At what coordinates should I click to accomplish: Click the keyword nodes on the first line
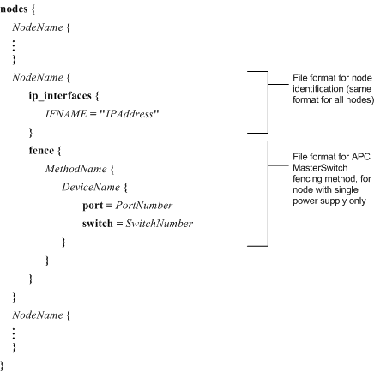[x=14, y=9]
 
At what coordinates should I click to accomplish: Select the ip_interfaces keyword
[x=60, y=95]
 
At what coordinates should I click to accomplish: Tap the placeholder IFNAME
[x=66, y=114]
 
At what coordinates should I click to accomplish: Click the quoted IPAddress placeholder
[x=129, y=114]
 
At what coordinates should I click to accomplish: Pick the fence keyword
[x=41, y=150]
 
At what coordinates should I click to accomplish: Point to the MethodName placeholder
[x=76, y=169]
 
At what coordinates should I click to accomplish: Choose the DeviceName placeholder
[x=91, y=187]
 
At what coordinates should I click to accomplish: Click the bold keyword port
[x=93, y=206]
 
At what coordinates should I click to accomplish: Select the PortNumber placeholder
[x=144, y=206]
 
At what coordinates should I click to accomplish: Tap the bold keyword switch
[x=98, y=224]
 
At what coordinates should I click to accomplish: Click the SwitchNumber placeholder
[x=160, y=224]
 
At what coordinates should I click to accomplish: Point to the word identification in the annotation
[x=317, y=89]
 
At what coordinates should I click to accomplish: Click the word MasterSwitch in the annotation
[x=320, y=168]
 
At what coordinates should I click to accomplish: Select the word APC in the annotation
[x=361, y=157]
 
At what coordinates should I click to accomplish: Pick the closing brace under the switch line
[x=64, y=243]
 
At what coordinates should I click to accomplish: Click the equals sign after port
[x=109, y=206]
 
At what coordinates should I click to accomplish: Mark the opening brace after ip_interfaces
[x=97, y=95]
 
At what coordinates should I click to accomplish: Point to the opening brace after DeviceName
[x=126, y=188]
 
